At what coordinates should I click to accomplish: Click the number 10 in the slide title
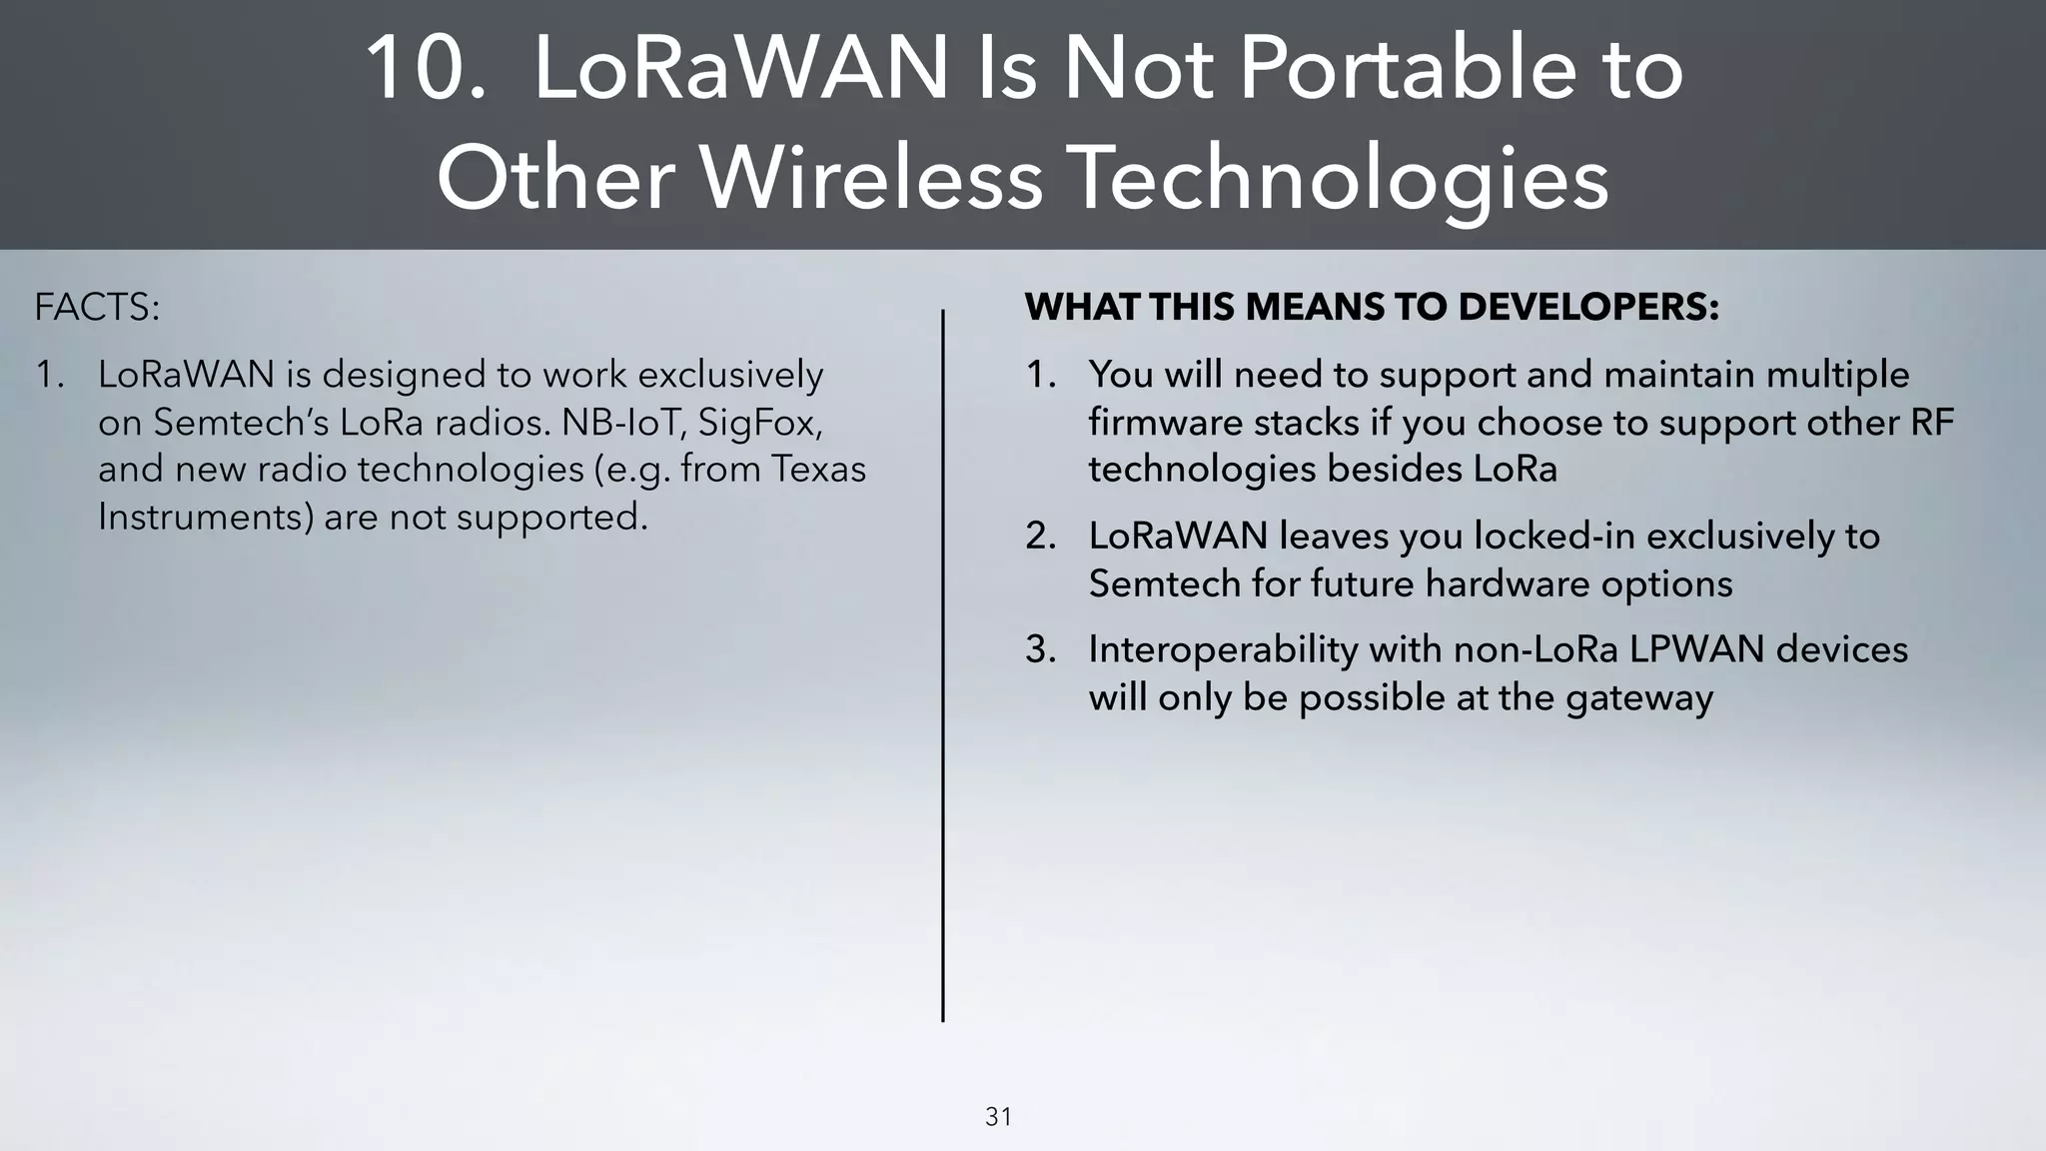point(425,68)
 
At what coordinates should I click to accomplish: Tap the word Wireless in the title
point(870,178)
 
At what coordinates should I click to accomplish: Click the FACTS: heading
point(97,307)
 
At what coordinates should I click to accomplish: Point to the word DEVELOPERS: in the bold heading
point(1588,307)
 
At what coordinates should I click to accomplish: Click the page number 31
point(998,1117)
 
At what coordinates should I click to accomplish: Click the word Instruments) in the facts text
point(205,517)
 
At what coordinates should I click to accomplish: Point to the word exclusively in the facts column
point(730,375)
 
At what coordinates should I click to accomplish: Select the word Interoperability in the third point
point(1223,649)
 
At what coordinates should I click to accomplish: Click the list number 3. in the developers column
point(1041,649)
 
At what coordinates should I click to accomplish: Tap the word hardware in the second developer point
point(1513,583)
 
